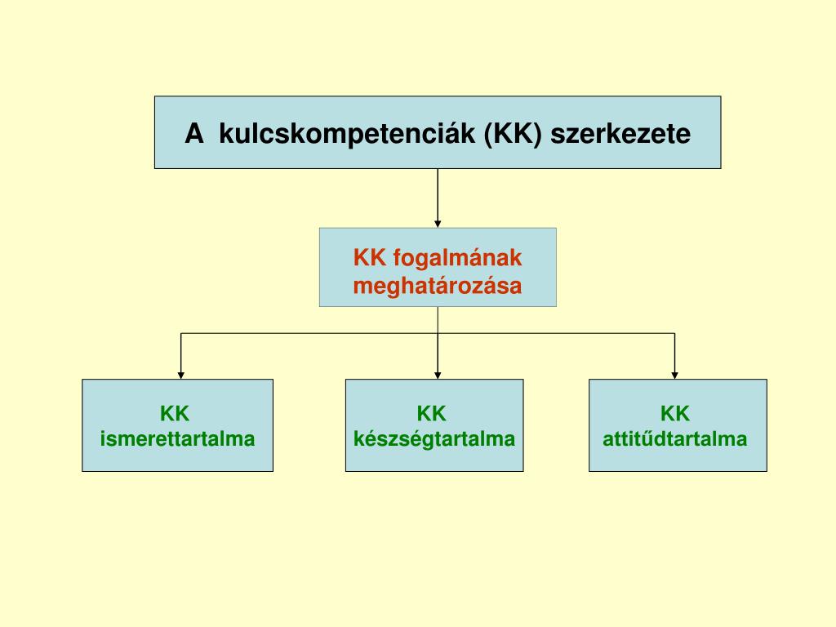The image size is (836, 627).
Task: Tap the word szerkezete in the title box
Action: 620,133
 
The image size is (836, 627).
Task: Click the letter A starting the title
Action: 193,133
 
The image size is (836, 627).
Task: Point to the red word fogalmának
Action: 457,258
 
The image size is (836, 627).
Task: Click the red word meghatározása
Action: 437,286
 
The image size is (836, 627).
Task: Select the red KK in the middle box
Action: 370,258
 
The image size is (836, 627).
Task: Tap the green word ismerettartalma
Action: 177,439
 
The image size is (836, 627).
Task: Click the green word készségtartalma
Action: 434,439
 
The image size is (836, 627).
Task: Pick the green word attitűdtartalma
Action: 675,439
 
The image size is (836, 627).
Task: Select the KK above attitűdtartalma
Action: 675,413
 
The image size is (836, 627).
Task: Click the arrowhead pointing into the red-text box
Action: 438,223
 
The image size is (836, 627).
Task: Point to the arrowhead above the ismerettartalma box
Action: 181,375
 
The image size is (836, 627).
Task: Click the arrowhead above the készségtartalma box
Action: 438,375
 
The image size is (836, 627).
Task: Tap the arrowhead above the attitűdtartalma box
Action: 674,375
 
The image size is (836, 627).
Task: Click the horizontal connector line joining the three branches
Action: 310,333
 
